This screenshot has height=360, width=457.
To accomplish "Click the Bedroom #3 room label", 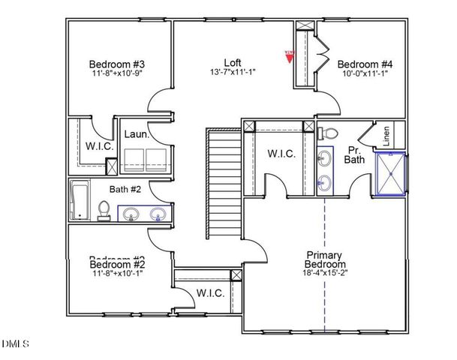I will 116,64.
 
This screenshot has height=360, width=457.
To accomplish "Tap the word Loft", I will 233,62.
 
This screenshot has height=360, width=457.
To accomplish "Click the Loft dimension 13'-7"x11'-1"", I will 233,73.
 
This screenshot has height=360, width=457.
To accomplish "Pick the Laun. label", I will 136,135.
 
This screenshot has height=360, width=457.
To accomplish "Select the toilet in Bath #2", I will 104,209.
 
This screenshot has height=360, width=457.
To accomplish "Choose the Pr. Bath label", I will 354,154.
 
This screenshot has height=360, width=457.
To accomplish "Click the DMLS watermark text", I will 15,344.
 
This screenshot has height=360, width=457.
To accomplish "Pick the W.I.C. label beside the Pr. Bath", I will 281,154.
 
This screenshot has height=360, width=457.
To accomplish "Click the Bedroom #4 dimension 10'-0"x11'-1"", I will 364,73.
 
